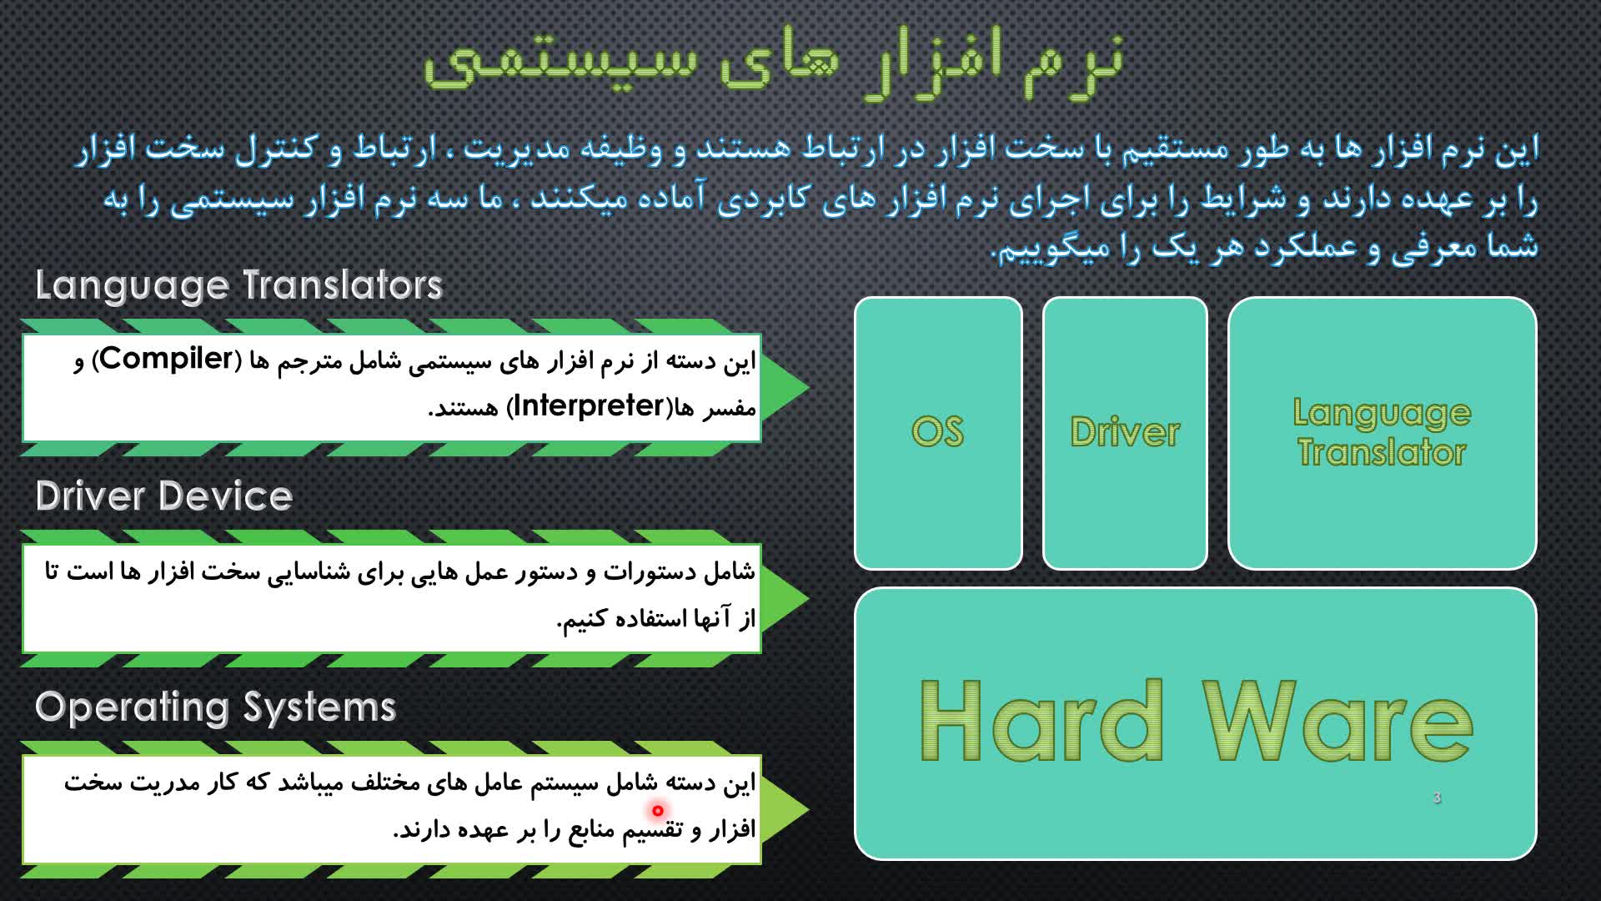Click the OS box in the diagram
938,433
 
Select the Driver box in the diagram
1125,433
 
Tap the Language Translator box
1382,433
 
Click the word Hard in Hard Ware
1041,720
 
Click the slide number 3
1437,798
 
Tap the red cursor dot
658,810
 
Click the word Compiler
167,359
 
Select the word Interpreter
588,405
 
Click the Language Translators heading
238,286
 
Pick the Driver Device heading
164,496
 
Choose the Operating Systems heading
215,708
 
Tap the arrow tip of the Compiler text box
807,387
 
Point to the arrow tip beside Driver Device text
807,598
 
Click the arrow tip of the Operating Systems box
807,808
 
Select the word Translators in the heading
343,285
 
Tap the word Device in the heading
224,496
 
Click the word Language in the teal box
1382,415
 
